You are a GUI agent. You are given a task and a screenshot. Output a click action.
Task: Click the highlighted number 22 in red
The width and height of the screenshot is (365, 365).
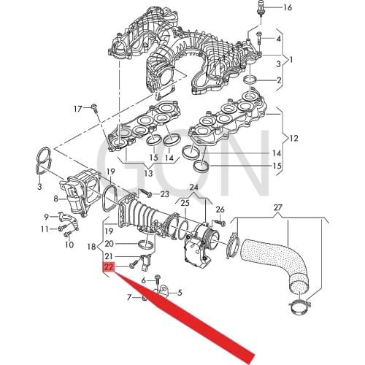tap(108, 268)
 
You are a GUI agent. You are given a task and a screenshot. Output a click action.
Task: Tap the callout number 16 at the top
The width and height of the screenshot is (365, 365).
tap(287, 7)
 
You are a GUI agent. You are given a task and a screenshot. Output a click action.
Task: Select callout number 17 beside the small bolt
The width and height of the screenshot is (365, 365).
tap(78, 109)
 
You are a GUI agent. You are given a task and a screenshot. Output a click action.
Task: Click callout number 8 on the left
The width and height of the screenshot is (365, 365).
tap(55, 198)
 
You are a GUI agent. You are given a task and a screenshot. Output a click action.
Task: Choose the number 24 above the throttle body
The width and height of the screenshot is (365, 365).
tap(193, 187)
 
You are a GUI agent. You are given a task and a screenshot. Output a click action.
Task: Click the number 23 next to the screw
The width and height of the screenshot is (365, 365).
tap(164, 194)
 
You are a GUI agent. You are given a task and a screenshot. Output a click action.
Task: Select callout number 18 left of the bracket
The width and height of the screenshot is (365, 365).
tap(91, 248)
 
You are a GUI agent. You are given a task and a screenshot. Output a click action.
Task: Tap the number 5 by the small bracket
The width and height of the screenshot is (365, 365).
tap(180, 293)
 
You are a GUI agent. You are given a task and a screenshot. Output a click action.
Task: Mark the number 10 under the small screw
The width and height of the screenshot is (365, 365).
tap(69, 245)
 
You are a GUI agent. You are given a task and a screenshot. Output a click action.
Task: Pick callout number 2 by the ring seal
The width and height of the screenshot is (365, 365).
tap(278, 79)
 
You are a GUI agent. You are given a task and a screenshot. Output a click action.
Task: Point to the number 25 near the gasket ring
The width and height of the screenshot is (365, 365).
tap(185, 202)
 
